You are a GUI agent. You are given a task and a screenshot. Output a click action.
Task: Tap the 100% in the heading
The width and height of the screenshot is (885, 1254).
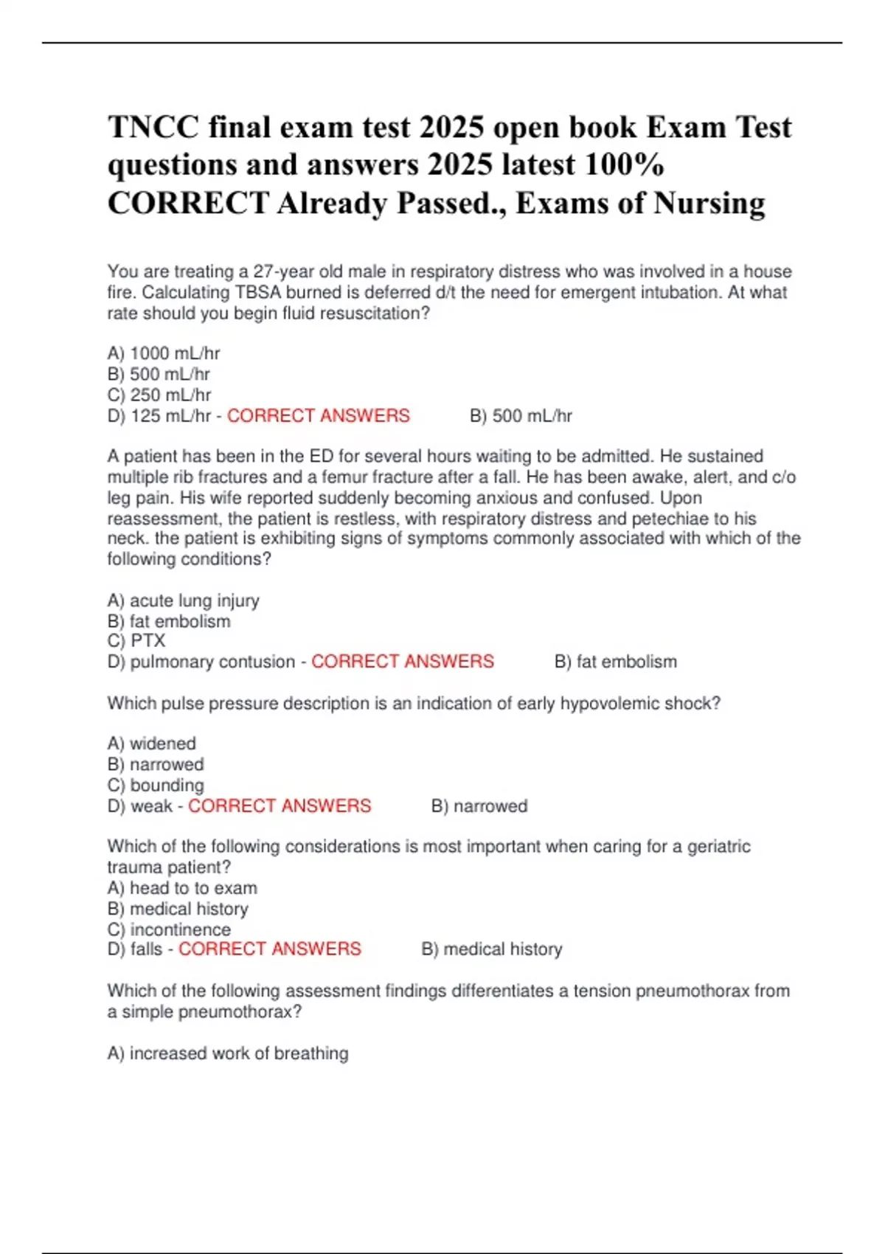coord(624,164)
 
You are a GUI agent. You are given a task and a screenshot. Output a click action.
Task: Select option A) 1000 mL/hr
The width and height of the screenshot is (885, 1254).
coord(164,353)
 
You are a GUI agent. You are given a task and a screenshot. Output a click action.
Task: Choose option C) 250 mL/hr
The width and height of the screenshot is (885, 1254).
coord(159,395)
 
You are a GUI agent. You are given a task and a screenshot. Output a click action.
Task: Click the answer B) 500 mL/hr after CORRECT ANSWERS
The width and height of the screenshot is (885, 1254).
coord(521,416)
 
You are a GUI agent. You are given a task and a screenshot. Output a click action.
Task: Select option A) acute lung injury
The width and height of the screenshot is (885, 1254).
coord(183,600)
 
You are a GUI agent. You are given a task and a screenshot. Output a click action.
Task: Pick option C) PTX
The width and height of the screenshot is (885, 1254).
coord(136,640)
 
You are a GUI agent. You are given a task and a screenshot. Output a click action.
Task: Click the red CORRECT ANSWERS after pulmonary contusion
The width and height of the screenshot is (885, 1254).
coord(403,662)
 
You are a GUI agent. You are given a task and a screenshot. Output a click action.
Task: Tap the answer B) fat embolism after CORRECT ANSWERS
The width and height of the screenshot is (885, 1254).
coord(615,662)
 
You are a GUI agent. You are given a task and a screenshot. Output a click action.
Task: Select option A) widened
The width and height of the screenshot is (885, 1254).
coord(151,744)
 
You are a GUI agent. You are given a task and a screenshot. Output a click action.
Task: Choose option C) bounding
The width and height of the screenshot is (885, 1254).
coord(156,785)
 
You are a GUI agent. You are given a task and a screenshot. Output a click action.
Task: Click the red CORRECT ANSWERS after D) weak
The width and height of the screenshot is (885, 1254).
coord(280,806)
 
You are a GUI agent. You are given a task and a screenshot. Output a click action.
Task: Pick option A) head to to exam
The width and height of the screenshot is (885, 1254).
coord(182,888)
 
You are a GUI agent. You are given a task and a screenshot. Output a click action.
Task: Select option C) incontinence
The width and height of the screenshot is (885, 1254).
coord(169,929)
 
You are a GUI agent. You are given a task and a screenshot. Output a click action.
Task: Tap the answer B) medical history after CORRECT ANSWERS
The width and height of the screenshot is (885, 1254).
coord(491,949)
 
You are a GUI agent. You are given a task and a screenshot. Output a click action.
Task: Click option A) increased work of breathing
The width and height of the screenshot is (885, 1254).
coord(228,1053)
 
